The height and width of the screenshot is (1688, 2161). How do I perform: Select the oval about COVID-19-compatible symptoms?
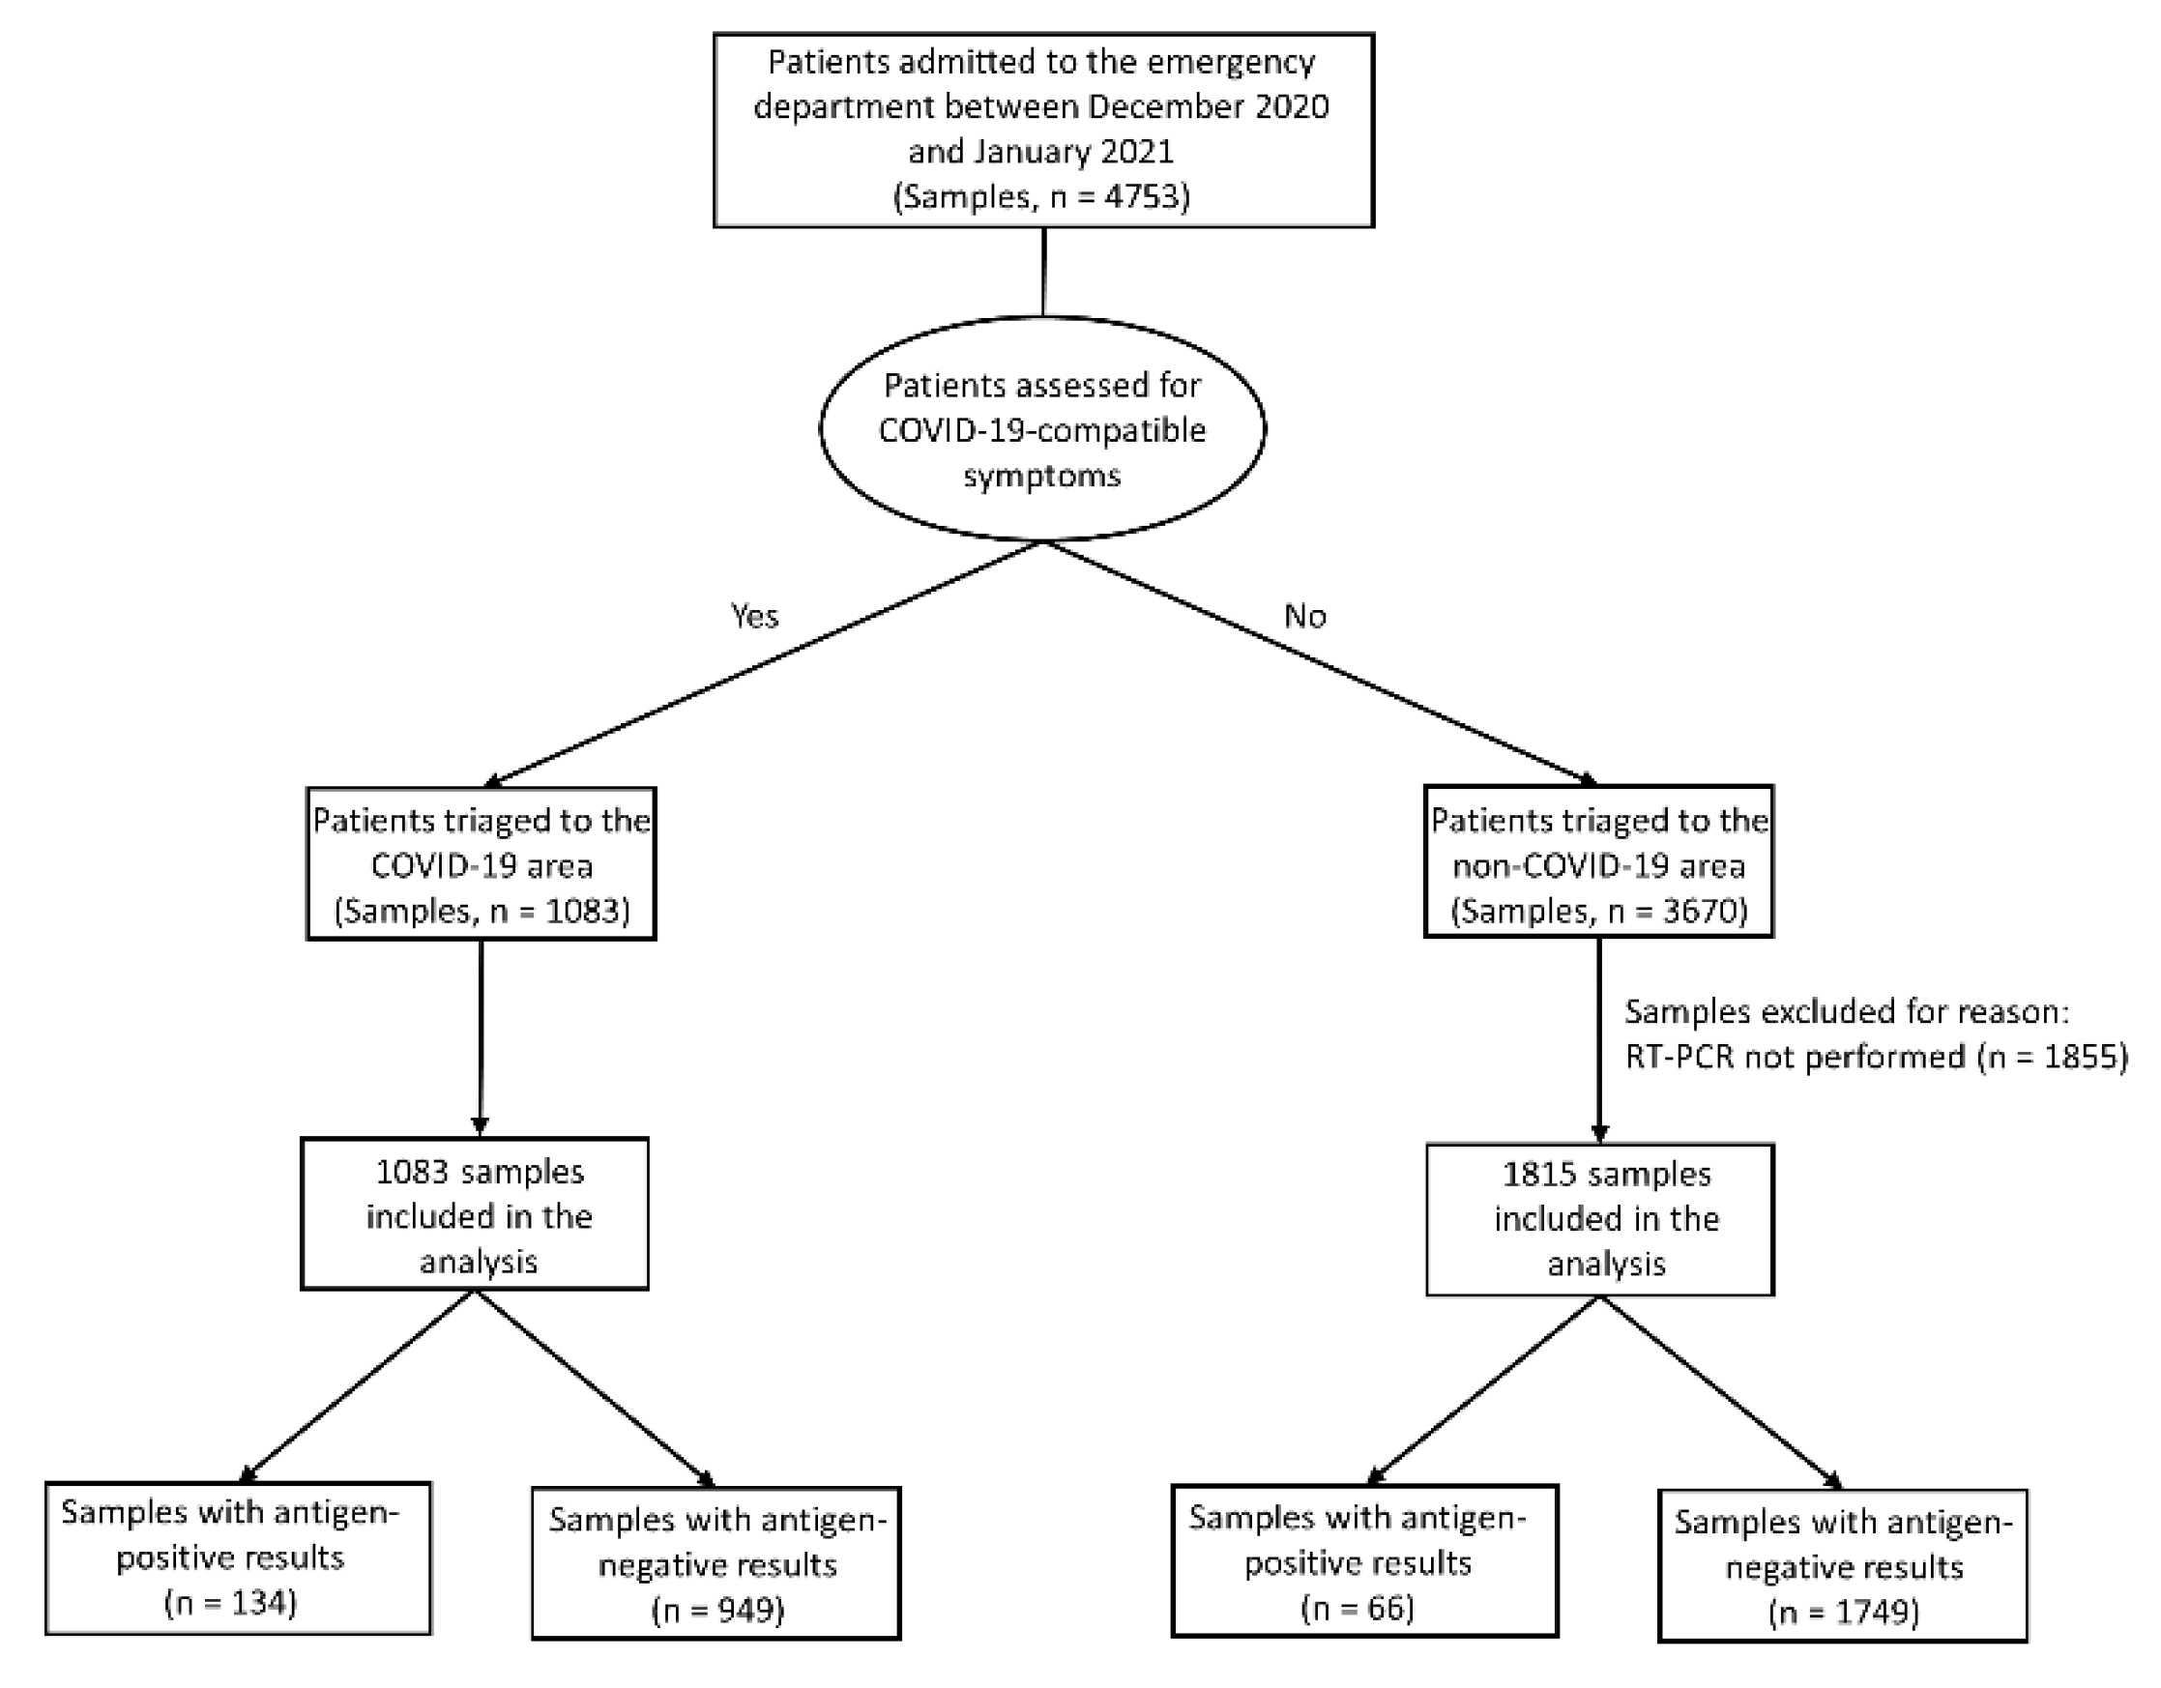pos(1042,429)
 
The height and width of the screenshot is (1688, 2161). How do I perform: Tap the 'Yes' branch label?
pos(754,617)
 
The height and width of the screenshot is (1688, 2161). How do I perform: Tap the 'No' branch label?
pos(1304,617)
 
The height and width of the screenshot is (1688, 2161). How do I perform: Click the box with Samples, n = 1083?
pos(481,863)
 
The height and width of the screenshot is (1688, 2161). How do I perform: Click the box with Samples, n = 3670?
pos(1598,861)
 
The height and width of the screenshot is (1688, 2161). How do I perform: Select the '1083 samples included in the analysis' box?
pos(475,1214)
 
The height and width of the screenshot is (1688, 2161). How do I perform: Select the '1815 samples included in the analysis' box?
pos(1600,1219)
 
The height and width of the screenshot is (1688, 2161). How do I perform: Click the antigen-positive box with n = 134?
pos(239,1557)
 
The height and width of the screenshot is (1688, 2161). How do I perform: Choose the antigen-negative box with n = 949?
pos(716,1563)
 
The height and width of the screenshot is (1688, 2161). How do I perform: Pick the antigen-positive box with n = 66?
pos(1364,1560)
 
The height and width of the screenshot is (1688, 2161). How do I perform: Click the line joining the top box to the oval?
pos(1043,272)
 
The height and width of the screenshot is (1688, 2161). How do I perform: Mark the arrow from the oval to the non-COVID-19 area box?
pos(1321,663)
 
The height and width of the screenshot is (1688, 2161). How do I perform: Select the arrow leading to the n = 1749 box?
pos(1722,1395)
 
